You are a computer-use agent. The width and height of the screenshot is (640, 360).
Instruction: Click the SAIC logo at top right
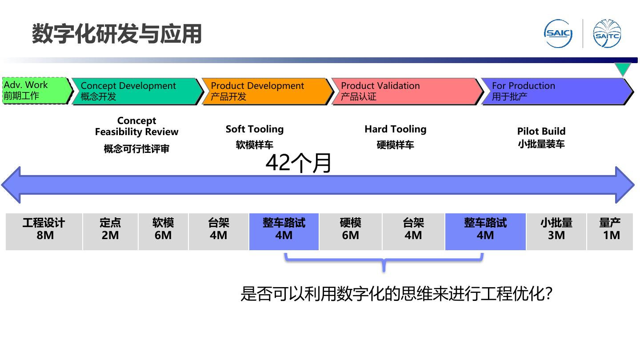click(x=558, y=33)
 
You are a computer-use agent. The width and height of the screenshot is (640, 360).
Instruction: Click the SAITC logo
click(x=607, y=34)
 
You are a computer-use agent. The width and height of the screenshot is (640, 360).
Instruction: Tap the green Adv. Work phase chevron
click(x=36, y=91)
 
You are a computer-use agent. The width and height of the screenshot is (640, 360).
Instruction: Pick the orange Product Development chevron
click(x=266, y=91)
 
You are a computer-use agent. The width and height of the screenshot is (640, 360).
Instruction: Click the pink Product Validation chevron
click(x=405, y=91)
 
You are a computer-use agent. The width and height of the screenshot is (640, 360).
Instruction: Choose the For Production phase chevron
click(x=556, y=91)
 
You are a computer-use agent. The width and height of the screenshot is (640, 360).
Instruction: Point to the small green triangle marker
click(x=623, y=69)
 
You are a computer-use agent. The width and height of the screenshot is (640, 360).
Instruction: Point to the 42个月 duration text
click(x=299, y=163)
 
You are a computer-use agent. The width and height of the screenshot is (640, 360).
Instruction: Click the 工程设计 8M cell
click(x=44, y=229)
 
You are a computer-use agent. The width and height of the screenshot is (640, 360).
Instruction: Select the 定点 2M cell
click(x=110, y=229)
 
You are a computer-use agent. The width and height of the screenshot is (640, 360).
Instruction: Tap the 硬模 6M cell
click(x=350, y=229)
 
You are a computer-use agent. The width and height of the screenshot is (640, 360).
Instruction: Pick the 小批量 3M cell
click(x=556, y=229)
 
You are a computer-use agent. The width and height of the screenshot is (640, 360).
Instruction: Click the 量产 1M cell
click(x=610, y=229)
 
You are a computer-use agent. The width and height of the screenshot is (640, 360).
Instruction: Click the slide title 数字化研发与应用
click(x=117, y=34)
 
